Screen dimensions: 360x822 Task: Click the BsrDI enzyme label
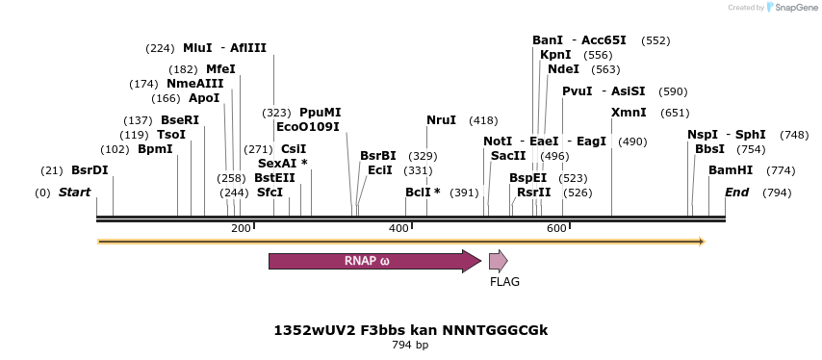click(x=90, y=170)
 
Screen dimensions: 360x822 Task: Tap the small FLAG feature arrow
click(x=498, y=261)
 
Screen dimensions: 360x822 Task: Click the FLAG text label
click(x=504, y=282)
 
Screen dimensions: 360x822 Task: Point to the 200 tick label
click(x=241, y=228)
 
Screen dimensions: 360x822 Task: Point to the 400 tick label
click(x=398, y=228)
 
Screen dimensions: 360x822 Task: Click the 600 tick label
click(x=556, y=228)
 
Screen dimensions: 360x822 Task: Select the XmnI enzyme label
click(x=629, y=113)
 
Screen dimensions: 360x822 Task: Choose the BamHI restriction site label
click(x=731, y=170)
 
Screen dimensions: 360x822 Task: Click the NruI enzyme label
click(x=441, y=120)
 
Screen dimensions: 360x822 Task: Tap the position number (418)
click(x=483, y=120)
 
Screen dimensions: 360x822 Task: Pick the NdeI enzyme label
click(x=563, y=69)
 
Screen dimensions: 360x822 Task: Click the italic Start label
click(x=74, y=193)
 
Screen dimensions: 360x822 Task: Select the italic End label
click(x=736, y=193)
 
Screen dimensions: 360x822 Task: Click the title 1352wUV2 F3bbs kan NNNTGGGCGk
click(x=410, y=330)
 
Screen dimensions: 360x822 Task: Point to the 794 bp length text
click(x=410, y=345)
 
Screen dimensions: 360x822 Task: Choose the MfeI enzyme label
click(x=220, y=69)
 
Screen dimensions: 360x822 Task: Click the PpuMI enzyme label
click(x=320, y=113)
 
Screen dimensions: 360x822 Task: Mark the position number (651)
click(x=675, y=113)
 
